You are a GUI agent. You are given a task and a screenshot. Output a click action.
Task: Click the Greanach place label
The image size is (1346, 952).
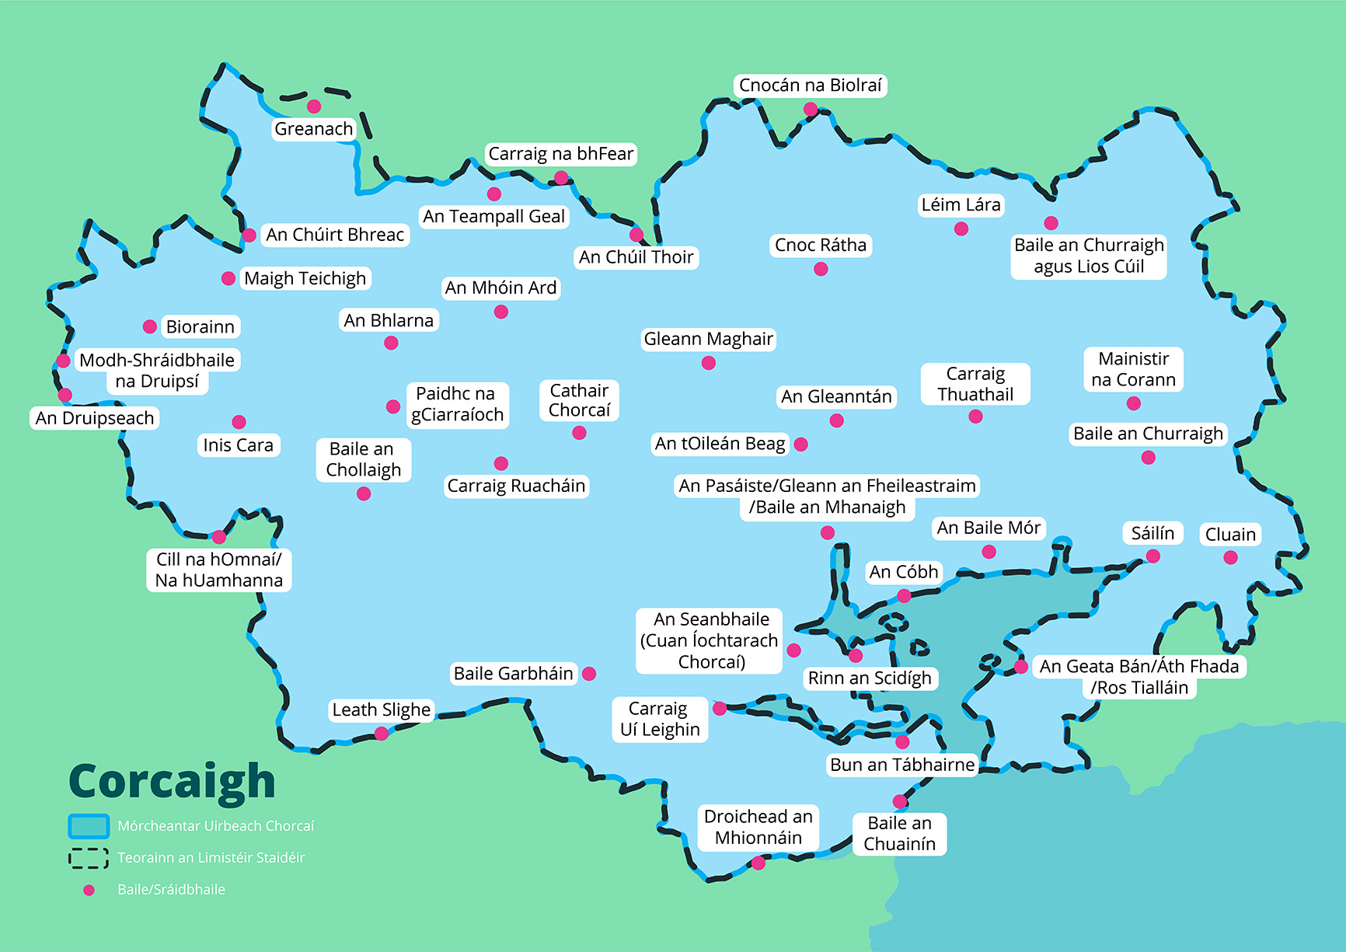point(313,129)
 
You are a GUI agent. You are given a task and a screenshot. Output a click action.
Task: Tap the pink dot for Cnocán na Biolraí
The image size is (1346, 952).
point(811,110)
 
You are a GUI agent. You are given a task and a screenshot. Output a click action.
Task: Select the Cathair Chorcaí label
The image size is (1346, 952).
point(579,400)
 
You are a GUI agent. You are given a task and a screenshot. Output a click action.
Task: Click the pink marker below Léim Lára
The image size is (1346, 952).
point(961,228)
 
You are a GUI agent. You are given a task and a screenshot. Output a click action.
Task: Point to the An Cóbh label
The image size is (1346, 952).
point(904,572)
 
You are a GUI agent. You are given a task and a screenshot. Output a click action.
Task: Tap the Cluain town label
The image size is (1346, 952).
point(1230,535)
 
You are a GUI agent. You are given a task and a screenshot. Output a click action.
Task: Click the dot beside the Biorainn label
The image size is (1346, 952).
point(150,326)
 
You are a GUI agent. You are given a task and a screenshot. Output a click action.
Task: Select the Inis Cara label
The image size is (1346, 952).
point(238,445)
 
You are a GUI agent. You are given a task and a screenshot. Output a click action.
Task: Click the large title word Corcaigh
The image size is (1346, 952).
point(172,782)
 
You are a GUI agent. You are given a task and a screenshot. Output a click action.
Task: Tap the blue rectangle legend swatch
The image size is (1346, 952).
point(89,826)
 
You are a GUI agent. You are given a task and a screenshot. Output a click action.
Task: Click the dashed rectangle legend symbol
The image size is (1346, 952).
point(89,858)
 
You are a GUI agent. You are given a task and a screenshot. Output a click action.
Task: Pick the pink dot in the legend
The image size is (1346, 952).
point(89,890)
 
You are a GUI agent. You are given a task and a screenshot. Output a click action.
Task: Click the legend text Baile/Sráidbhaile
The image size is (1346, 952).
point(172,890)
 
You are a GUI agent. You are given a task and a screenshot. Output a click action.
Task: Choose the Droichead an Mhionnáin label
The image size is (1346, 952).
point(758,827)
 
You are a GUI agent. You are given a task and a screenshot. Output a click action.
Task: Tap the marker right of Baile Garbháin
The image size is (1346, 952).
point(589,674)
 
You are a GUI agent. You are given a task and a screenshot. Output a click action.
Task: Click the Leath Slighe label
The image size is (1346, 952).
point(381,710)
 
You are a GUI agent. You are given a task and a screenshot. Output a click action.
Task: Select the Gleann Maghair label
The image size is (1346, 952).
point(708,339)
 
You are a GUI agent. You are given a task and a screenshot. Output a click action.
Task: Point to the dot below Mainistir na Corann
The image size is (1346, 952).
point(1134,403)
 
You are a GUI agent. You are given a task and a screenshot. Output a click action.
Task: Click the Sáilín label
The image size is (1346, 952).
point(1152,533)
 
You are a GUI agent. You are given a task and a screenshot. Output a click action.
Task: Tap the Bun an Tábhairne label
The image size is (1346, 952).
point(901,765)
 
